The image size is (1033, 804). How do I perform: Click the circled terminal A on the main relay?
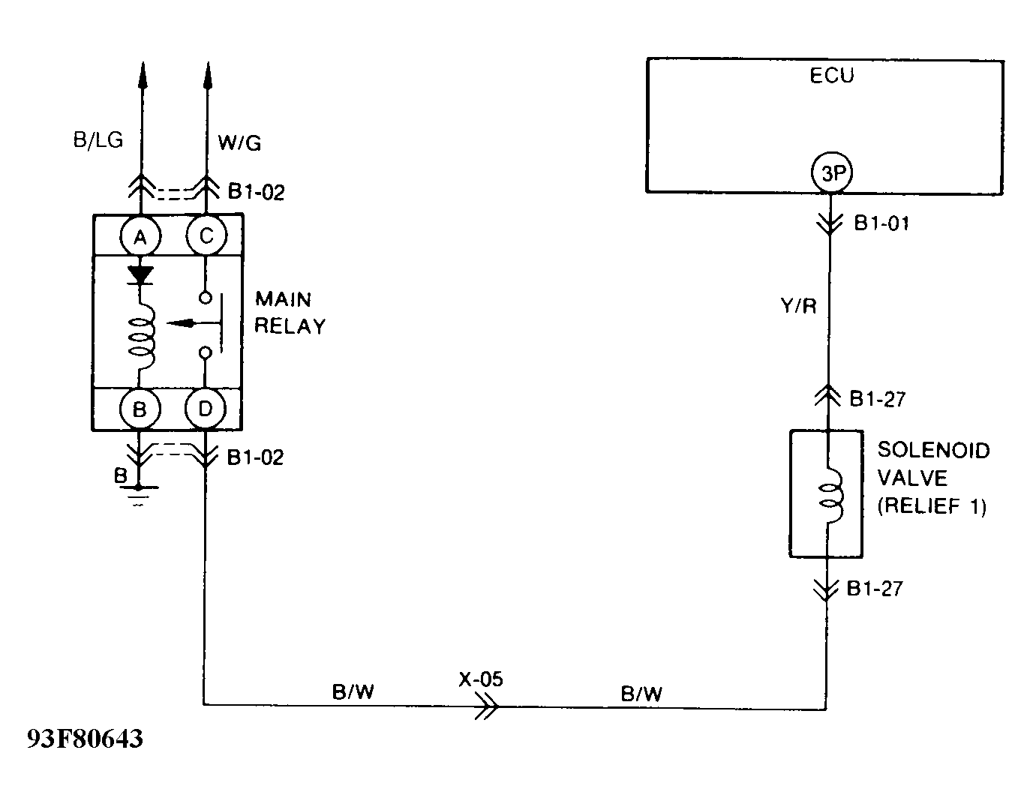[x=139, y=238]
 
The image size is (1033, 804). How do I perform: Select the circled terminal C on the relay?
[x=206, y=237]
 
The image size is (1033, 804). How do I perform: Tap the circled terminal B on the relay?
[x=139, y=409]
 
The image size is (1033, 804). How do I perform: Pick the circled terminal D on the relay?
[x=206, y=409]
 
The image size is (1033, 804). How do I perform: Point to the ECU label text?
[x=831, y=76]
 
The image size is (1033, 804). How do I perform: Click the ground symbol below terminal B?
[x=139, y=493]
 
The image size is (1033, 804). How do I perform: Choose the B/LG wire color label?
[x=98, y=140]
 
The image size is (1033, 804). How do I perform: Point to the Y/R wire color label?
[x=798, y=307]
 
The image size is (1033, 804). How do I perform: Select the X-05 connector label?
[x=481, y=679]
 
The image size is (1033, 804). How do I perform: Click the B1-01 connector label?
[x=881, y=223]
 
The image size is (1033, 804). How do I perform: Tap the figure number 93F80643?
[x=85, y=739]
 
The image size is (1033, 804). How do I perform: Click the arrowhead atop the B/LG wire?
[x=140, y=73]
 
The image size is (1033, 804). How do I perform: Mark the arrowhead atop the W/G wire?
[x=207, y=73]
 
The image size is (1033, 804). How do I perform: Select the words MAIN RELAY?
[x=290, y=313]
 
